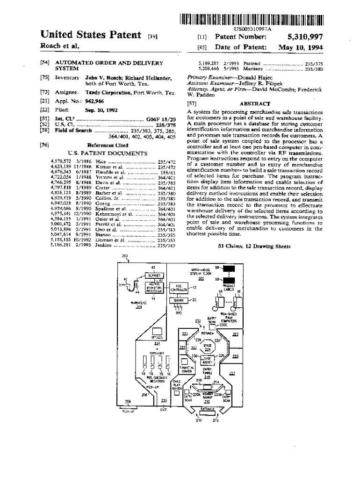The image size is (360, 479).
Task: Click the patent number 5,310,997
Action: [x=304, y=36]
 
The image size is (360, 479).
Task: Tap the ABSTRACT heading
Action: [x=255, y=103]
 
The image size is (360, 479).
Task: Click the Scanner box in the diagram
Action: [x=153, y=276]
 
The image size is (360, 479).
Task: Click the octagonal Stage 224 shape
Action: [x=207, y=347]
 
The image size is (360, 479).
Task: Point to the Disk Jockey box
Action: [x=207, y=361]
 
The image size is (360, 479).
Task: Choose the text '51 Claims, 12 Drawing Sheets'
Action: [x=254, y=246]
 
